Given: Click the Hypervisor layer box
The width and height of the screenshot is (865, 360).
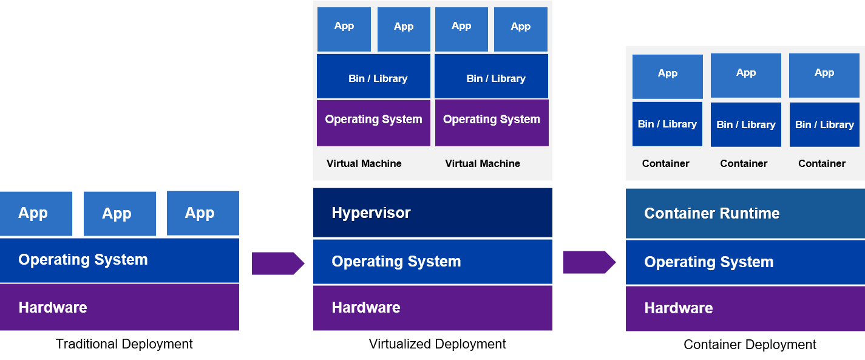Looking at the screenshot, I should point(432,212).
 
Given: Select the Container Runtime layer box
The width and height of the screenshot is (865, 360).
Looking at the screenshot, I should point(745,213).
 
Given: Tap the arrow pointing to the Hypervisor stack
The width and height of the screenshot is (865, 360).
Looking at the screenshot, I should point(277,263).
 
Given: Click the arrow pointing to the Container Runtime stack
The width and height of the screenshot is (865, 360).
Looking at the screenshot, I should point(589,262).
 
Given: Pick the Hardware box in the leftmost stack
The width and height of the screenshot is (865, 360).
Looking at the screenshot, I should point(120,307).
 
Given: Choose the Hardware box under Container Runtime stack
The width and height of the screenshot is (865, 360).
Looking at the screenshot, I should point(745,308).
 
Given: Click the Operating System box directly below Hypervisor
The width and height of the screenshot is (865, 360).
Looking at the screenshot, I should point(432,262).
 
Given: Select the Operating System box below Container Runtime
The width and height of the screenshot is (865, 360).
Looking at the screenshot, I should point(745,262).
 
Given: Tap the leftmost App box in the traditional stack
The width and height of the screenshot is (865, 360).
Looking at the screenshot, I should point(36,214).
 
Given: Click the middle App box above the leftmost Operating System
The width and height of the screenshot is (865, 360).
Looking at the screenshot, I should point(120,214).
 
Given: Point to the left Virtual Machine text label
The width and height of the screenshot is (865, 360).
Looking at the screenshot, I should point(364,163).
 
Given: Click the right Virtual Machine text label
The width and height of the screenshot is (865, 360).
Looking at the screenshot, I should point(483,163).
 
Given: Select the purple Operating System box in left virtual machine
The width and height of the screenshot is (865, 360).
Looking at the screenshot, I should point(373,123).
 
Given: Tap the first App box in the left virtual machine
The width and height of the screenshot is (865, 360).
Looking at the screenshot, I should point(344,29).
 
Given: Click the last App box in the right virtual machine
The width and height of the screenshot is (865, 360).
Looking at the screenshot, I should point(520,29).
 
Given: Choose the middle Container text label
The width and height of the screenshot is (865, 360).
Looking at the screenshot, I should point(744,163).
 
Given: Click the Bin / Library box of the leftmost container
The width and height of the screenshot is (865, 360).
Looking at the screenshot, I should point(667,124).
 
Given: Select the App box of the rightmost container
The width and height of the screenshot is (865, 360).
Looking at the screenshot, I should point(824,75).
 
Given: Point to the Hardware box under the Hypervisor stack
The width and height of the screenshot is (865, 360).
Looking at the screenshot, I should point(432,308).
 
